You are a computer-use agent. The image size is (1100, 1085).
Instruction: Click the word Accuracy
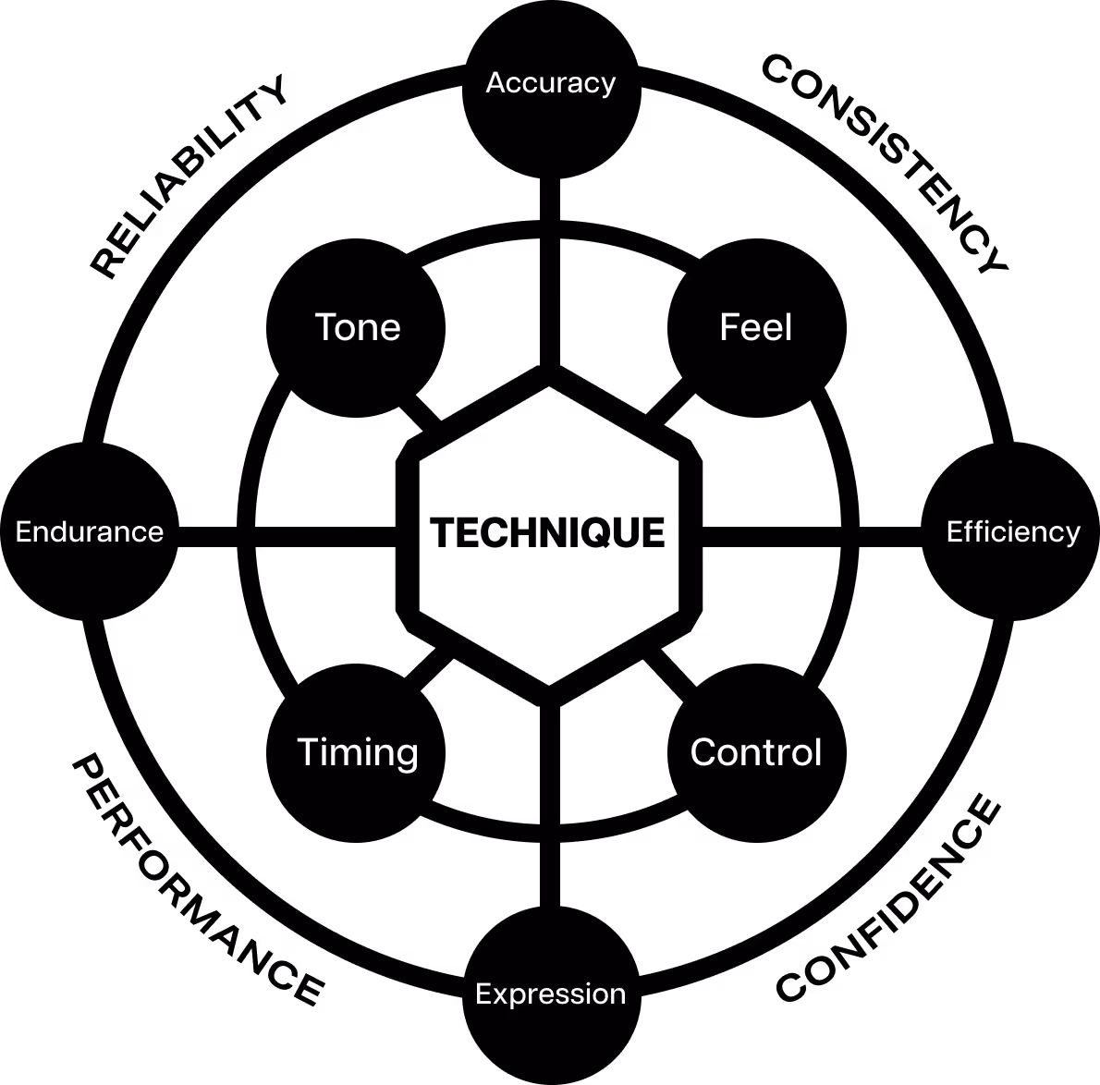point(550,83)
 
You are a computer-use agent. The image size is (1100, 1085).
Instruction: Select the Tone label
point(358,327)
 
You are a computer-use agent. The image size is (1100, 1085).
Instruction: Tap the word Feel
point(755,327)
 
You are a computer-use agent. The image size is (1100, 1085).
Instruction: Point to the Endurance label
point(90,531)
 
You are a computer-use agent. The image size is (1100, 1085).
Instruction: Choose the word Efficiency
point(1013,531)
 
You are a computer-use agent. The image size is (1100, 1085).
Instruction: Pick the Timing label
point(358,752)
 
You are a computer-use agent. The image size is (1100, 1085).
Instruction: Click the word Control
point(755,752)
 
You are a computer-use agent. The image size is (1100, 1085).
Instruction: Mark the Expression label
point(550,994)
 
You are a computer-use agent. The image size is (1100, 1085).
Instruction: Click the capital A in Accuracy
point(495,83)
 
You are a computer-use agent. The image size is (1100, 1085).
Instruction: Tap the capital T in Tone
point(325,327)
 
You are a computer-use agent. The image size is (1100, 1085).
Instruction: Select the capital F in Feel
point(729,327)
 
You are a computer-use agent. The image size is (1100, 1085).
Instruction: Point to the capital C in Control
point(704,752)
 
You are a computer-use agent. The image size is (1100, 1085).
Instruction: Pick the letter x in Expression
point(499,994)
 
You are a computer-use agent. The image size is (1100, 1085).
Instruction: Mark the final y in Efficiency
point(1072,535)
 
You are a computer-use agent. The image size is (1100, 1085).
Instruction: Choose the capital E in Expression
point(483,994)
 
